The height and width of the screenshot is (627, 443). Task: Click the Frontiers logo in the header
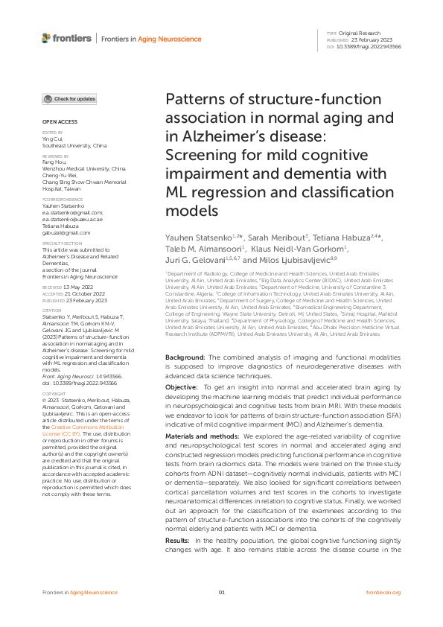point(67,37)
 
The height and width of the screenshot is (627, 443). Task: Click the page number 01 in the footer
point(221,613)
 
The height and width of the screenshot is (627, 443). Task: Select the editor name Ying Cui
point(51,139)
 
